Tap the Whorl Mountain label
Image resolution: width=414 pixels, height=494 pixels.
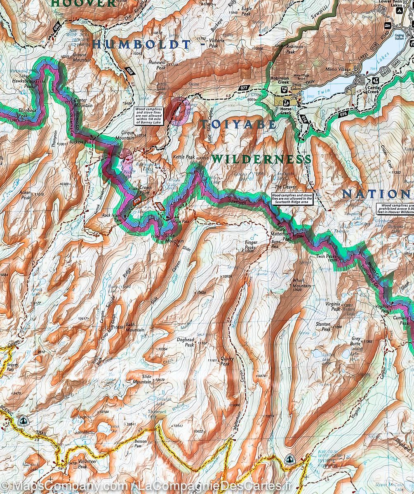pyautogui.click(x=301, y=283)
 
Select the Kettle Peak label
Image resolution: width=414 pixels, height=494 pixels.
pyautogui.click(x=183, y=157)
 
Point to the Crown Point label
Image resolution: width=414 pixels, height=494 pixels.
pyautogui.click(x=145, y=190)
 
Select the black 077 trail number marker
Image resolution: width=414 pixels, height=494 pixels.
pyautogui.click(x=244, y=88)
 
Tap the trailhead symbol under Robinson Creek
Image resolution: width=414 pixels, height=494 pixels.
pyautogui.click(x=284, y=89)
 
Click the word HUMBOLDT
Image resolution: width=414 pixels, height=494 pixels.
pyautogui.click(x=142, y=44)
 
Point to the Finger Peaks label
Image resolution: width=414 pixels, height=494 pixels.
pyautogui.click(x=250, y=245)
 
